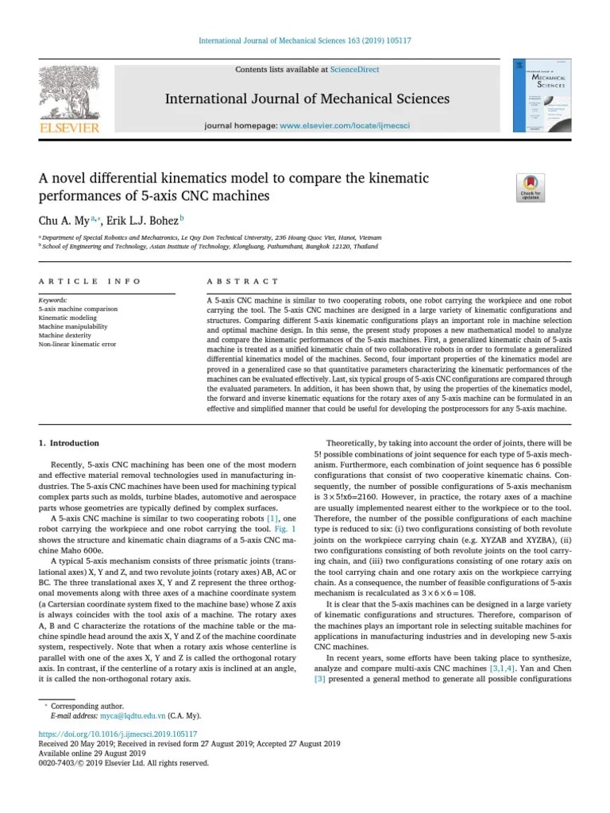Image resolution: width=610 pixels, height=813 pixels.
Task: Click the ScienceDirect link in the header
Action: [354, 70]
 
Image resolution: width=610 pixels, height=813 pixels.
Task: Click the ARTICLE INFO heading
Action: [90, 281]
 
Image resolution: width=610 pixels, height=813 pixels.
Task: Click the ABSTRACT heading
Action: [242, 281]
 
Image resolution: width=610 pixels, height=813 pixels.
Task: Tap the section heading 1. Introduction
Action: [69, 443]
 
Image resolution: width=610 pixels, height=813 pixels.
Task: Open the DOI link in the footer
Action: [118, 734]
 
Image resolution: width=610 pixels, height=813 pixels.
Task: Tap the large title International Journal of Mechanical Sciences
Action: [307, 99]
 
